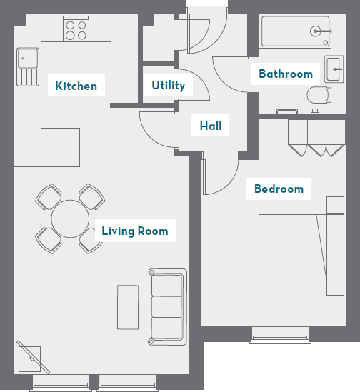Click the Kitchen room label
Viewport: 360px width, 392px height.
pyautogui.click(x=76, y=86)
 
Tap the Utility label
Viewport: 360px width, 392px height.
pyautogui.click(x=168, y=86)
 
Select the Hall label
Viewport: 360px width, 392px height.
pyautogui.click(x=210, y=126)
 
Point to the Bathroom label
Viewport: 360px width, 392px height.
pyautogui.click(x=285, y=74)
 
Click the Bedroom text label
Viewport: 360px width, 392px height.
pyautogui.click(x=279, y=189)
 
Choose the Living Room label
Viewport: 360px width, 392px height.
pyautogui.click(x=134, y=231)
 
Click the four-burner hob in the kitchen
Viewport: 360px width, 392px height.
pyautogui.click(x=76, y=29)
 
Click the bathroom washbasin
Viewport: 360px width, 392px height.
pyautogui.click(x=334, y=69)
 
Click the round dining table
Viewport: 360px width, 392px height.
pyautogui.click(x=70, y=218)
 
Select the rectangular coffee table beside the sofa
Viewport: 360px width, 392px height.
pyautogui.click(x=129, y=306)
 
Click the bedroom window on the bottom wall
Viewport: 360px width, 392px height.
pyautogui.click(x=281, y=334)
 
